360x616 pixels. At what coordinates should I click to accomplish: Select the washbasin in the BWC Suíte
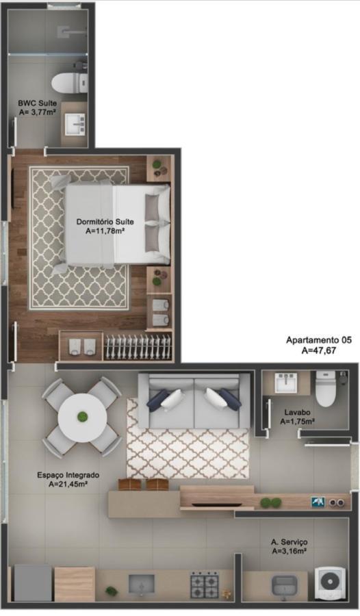click(x=75, y=125)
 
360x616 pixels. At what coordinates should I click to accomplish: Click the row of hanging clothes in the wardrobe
click(x=136, y=346)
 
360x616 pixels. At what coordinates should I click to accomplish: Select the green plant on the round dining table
click(x=81, y=416)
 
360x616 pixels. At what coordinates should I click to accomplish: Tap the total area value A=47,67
click(x=319, y=350)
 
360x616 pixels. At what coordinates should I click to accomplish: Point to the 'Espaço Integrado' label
click(x=68, y=474)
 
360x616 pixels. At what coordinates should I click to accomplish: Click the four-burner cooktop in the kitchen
click(x=205, y=584)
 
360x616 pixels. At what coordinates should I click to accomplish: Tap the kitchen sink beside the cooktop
click(x=142, y=584)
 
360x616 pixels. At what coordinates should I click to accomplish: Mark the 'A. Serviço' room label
click(x=289, y=541)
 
